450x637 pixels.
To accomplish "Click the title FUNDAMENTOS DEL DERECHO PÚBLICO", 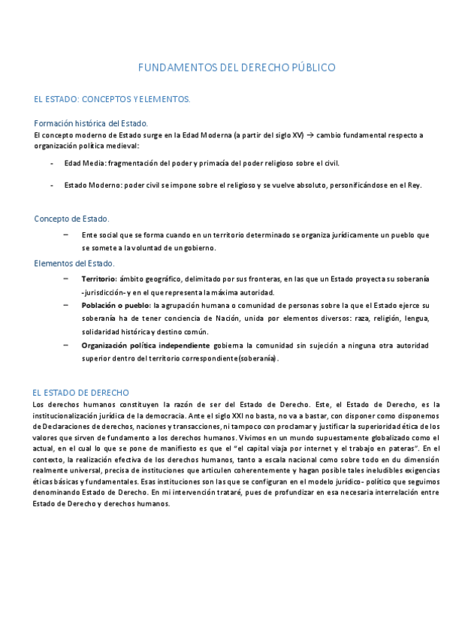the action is pos(237,68).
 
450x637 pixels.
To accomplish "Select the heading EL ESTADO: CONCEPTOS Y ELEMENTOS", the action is pos(112,99).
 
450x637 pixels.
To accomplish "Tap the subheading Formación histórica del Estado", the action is pos(91,123).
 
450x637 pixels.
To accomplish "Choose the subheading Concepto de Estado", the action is pos(71,219).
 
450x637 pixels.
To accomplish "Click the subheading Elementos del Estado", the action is pos(74,264).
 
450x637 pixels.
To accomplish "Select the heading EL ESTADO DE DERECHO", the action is pos(81,393).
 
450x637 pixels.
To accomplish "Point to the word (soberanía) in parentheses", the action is pos(257,359).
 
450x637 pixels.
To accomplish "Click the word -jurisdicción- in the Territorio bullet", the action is pos(109,292).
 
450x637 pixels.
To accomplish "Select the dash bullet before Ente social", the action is pos(67,234).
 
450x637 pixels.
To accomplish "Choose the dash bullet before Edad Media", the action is pos(51,163).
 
